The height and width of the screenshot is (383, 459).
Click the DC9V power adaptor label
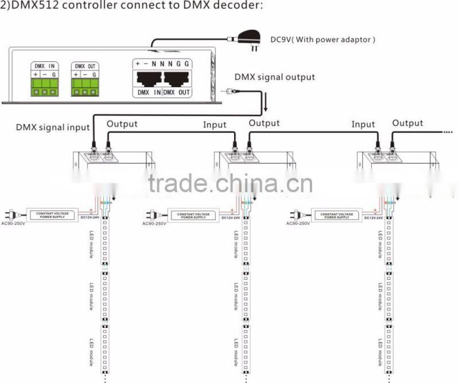pos(323,40)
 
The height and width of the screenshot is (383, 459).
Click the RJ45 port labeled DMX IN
pos(147,79)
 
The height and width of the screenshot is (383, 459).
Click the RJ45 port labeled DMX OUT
pos(177,79)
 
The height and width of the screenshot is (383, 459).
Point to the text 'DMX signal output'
pos(274,77)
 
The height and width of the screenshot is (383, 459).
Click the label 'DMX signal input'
pos(53,127)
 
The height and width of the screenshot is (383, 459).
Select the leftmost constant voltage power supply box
pos(53,215)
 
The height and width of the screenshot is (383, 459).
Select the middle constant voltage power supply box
pos(193,215)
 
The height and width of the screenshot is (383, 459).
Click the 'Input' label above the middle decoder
pos(215,124)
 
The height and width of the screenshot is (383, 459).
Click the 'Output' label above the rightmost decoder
pos(407,123)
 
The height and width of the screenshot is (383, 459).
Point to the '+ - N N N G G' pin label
pos(162,63)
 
